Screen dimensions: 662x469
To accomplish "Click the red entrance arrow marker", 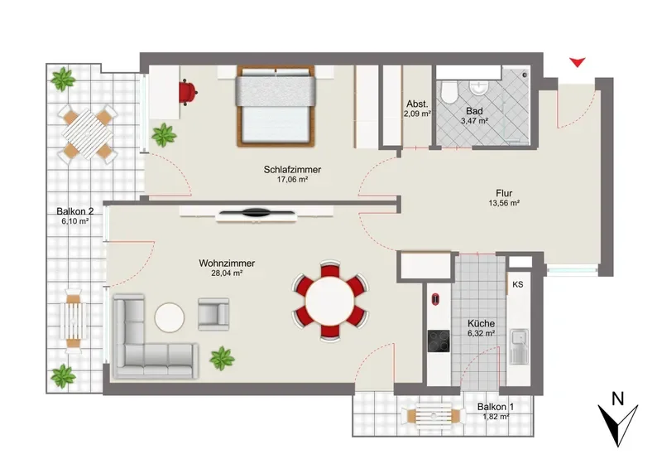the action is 577,63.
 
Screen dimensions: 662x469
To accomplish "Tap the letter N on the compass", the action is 618,399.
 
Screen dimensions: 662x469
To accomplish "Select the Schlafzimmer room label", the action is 292,170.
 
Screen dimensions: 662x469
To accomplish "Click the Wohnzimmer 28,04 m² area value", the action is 227,273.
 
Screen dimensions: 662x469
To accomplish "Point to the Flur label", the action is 504,194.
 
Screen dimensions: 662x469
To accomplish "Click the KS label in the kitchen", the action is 518,284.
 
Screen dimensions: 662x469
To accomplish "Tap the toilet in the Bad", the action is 449,92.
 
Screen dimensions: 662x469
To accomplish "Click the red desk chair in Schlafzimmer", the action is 188,92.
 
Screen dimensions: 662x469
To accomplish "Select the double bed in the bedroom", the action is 276,106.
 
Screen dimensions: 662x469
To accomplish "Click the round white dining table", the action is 330,301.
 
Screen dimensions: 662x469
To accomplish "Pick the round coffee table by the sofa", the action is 170,317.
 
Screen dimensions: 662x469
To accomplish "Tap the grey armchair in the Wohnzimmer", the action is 213,314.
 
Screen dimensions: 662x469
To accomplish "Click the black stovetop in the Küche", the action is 439,341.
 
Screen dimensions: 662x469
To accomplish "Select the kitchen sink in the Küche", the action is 519,346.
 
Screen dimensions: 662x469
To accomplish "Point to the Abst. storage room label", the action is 418,104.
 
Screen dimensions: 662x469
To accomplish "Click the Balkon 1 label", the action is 496,407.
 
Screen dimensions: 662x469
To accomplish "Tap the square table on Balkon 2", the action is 88,134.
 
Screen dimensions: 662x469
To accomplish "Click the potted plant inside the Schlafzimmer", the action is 163,135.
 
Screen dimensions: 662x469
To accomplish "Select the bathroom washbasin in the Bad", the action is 479,88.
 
